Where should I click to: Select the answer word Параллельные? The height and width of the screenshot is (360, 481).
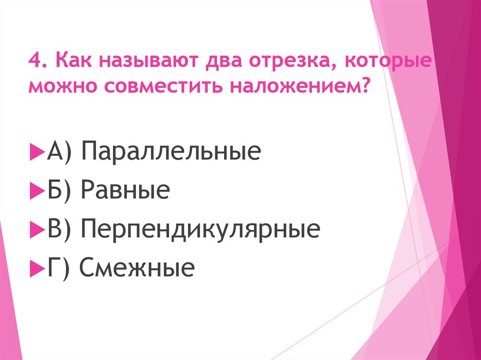coord(171,153)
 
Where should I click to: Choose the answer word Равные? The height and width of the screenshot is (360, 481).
coord(124,191)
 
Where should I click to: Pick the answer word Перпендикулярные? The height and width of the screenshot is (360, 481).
coord(200,230)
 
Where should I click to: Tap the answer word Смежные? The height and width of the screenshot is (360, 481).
coord(136,268)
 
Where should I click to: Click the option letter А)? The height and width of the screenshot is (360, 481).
coord(59,153)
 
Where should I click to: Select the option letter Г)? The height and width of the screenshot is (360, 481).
coord(58,268)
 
